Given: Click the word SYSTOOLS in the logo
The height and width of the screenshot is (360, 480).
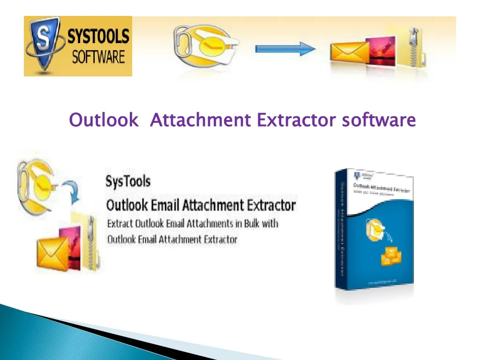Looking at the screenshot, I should coord(98,37).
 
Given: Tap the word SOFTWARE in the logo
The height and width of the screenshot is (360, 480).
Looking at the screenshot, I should coord(98,57).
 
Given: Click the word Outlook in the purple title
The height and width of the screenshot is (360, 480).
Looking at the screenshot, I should coord(104,120).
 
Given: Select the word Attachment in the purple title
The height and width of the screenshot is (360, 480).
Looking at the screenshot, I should coord(200,120).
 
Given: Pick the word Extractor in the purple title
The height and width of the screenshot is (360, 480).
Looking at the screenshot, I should coord(296,120).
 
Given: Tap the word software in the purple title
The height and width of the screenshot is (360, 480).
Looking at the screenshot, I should coord(378,120).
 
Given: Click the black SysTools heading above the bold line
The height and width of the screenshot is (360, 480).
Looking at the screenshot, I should coord(128,181).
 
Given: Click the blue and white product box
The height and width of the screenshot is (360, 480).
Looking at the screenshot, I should coord(374,230).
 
